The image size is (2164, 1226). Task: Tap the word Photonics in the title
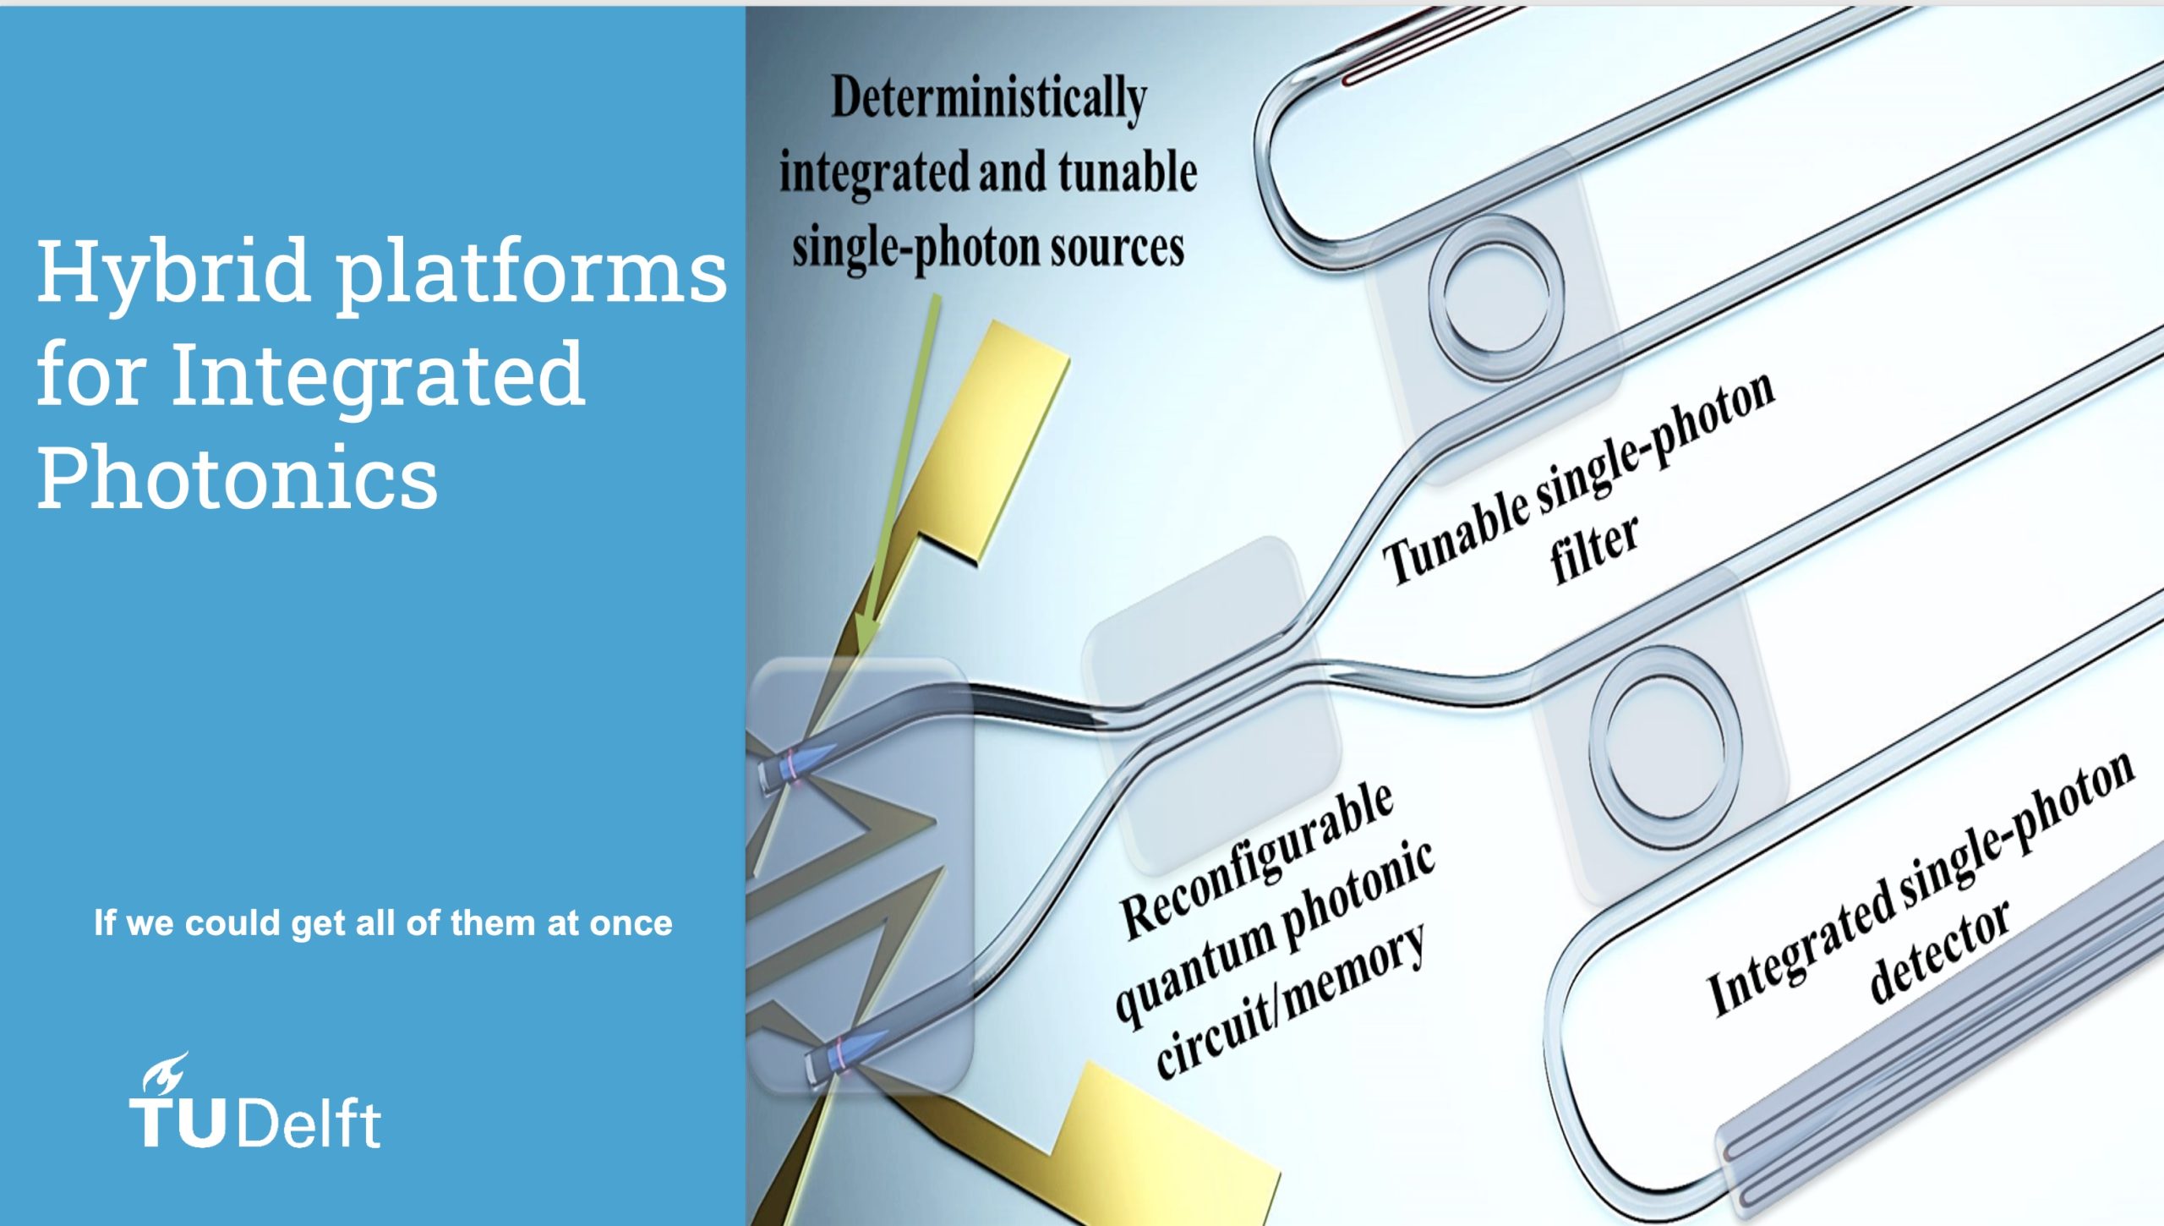pyautogui.click(x=238, y=478)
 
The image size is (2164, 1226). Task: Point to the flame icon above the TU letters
pyautogui.click(x=165, y=1072)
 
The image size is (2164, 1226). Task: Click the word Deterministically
pyautogui.click(x=989, y=99)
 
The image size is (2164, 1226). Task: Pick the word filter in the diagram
pyautogui.click(x=1594, y=550)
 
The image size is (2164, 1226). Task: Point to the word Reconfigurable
pyautogui.click(x=1257, y=862)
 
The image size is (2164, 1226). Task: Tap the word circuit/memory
pyautogui.click(x=1291, y=1001)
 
